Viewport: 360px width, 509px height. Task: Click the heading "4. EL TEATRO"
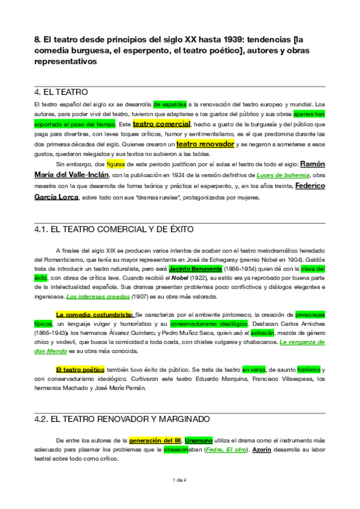62,92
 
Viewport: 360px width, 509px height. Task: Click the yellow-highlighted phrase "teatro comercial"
161,124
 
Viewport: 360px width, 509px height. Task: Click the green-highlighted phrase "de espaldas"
170,104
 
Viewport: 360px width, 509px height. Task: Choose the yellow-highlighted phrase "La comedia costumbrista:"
94,314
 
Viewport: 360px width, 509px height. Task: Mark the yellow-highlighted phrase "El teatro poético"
80,369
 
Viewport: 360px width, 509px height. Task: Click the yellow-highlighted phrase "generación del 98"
155,439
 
